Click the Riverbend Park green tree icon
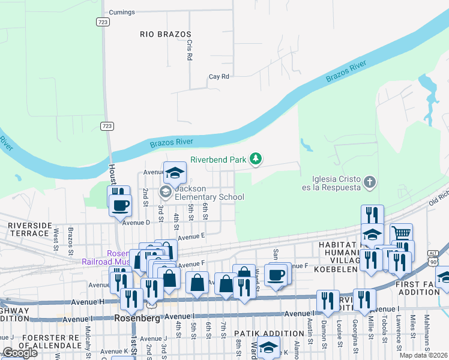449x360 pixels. pos(256,158)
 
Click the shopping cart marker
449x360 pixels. pos(402,233)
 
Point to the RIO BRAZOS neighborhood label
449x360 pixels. pos(165,35)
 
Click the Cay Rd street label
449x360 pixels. pos(219,77)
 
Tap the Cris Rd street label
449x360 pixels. pos(189,50)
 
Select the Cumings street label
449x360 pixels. pos(122,12)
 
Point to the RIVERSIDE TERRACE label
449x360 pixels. pos(30,230)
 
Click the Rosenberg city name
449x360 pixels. pos(137,318)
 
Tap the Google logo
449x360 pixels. pos(19,353)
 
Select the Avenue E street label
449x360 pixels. pos(191,236)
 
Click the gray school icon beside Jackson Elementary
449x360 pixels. pos(164,192)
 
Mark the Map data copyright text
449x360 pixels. pos(424,355)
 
